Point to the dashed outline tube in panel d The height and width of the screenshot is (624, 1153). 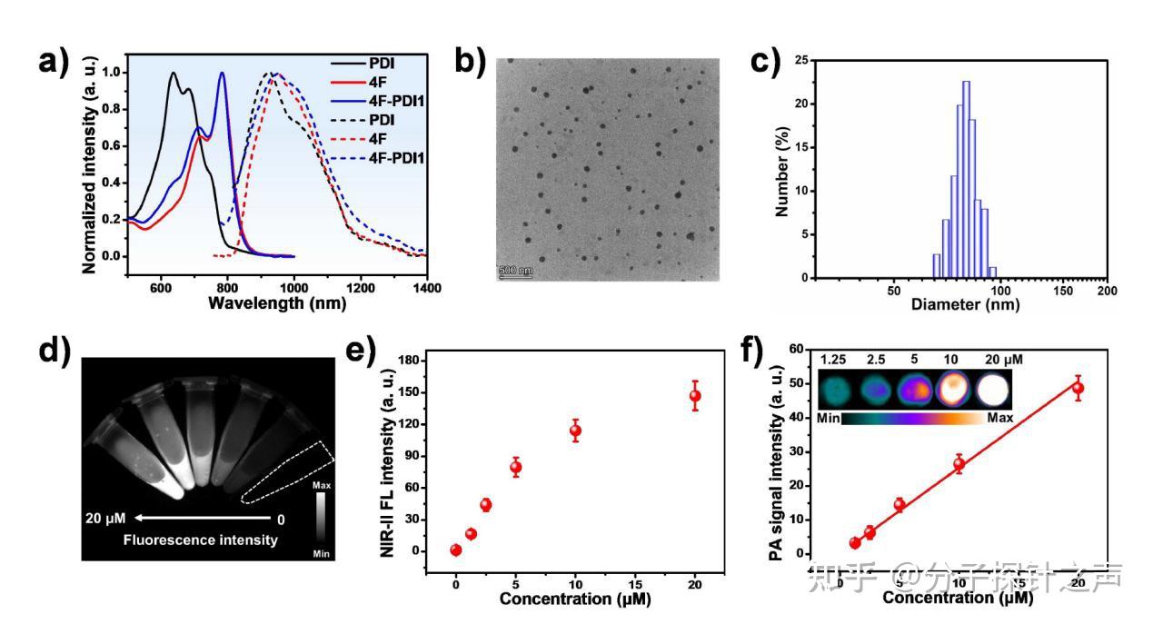tap(288, 471)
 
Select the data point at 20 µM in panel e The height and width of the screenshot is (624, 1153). tap(695, 396)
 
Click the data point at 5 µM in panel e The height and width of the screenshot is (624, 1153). tap(515, 468)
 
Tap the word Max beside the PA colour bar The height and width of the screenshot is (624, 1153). tap(999, 418)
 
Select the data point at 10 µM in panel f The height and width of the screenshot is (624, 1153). tap(959, 465)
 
